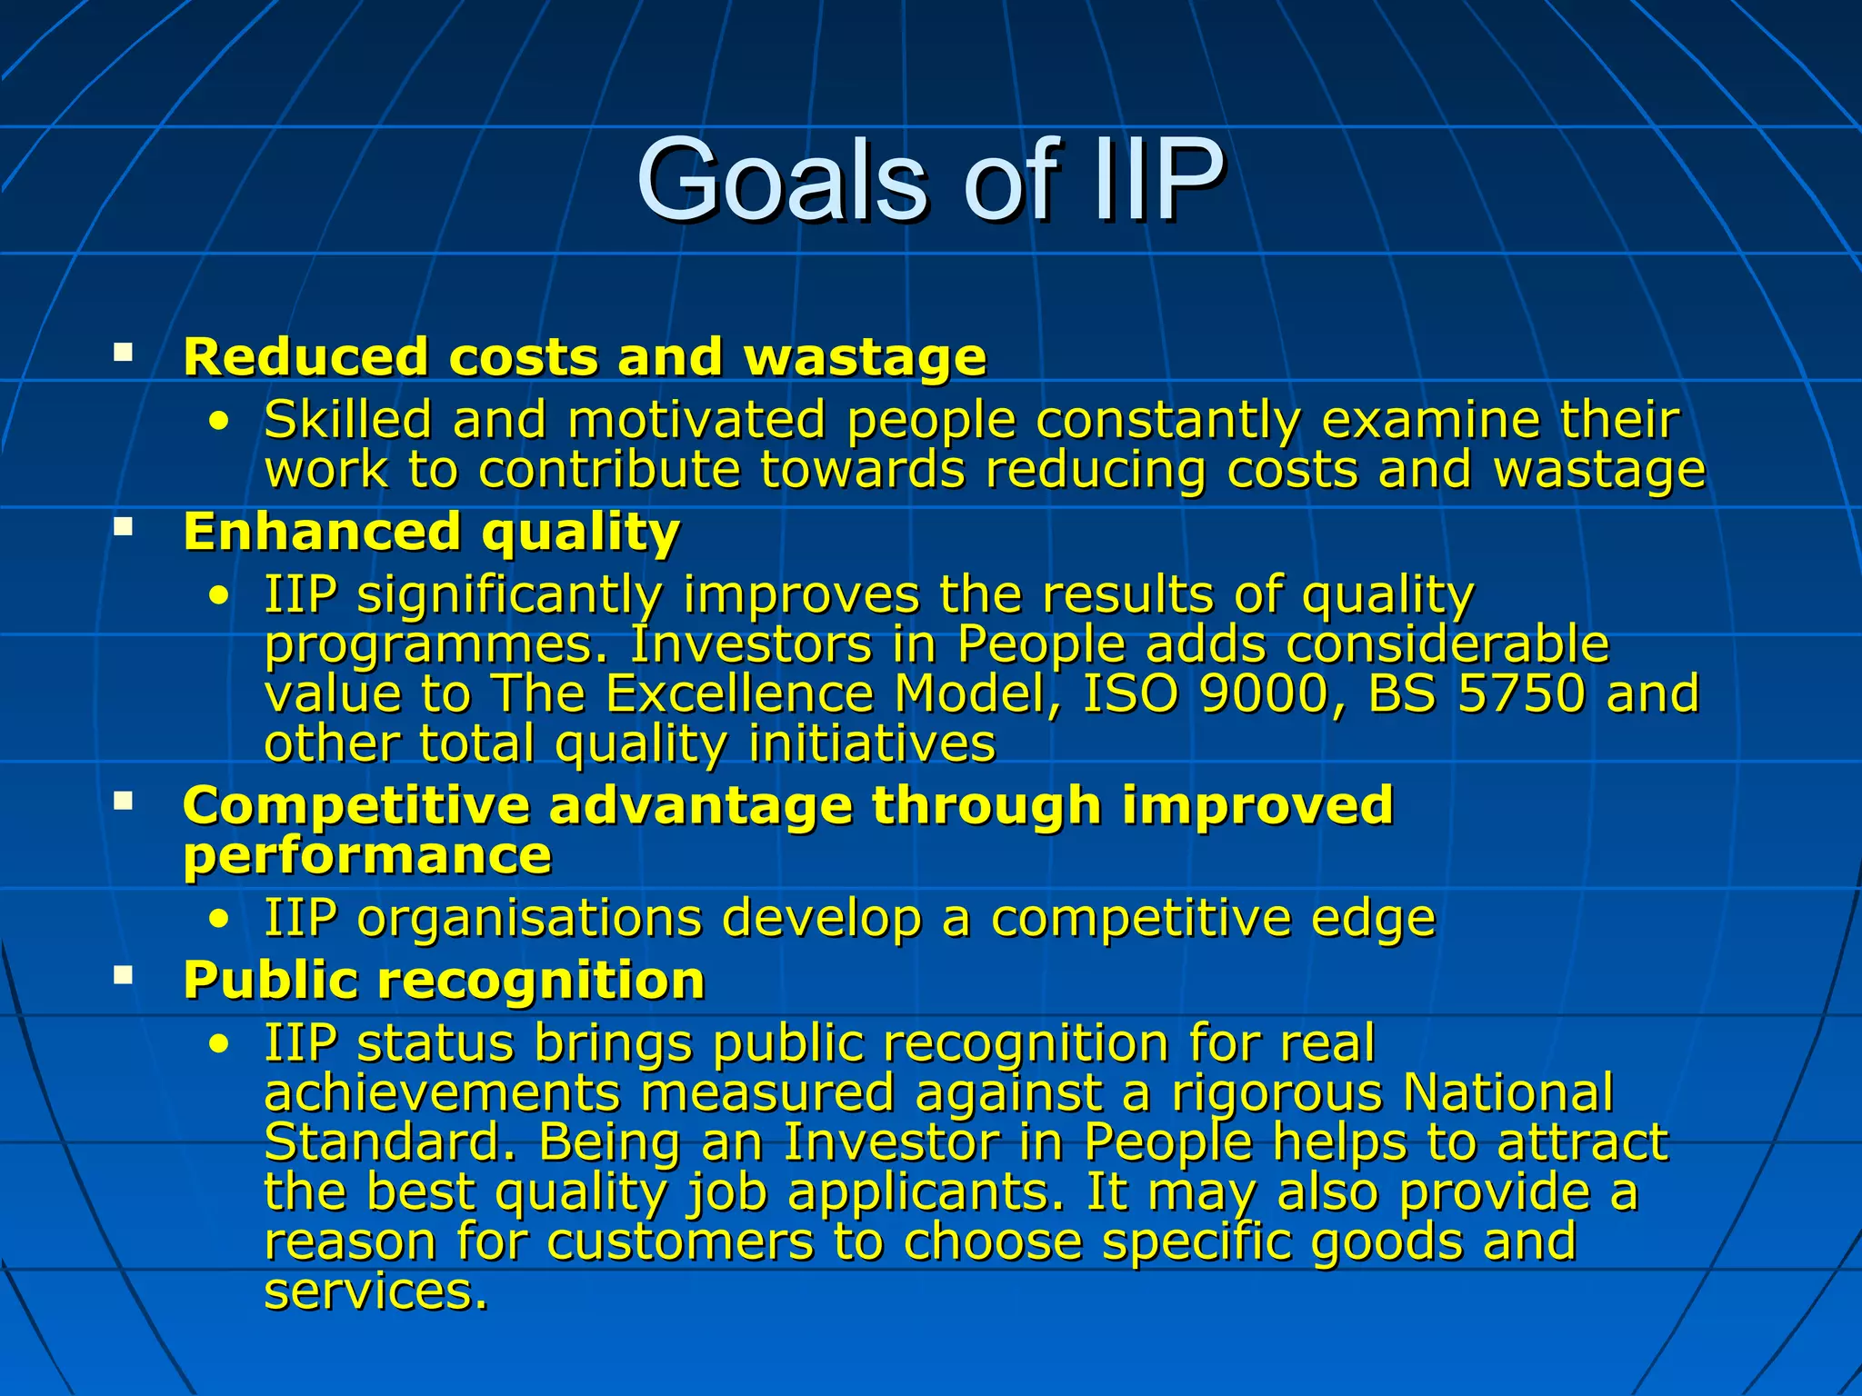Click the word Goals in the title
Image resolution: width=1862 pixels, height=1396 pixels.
point(782,179)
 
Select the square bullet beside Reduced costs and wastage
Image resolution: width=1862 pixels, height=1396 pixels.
point(124,352)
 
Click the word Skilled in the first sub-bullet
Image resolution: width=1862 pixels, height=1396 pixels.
point(347,420)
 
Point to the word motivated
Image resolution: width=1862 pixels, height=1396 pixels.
point(696,420)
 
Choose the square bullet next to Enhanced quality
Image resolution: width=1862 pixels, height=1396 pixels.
point(124,526)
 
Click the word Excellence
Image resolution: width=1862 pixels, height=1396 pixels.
point(739,694)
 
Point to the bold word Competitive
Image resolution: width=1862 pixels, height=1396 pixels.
point(355,806)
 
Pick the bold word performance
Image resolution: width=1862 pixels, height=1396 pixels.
point(367,856)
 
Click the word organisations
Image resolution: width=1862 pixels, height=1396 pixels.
point(529,918)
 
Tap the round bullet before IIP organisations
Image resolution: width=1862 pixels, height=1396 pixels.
point(218,919)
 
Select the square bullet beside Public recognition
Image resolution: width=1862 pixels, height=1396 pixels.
point(124,976)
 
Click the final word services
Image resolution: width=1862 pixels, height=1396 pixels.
point(375,1291)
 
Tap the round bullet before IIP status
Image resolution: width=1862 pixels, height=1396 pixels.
point(218,1043)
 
